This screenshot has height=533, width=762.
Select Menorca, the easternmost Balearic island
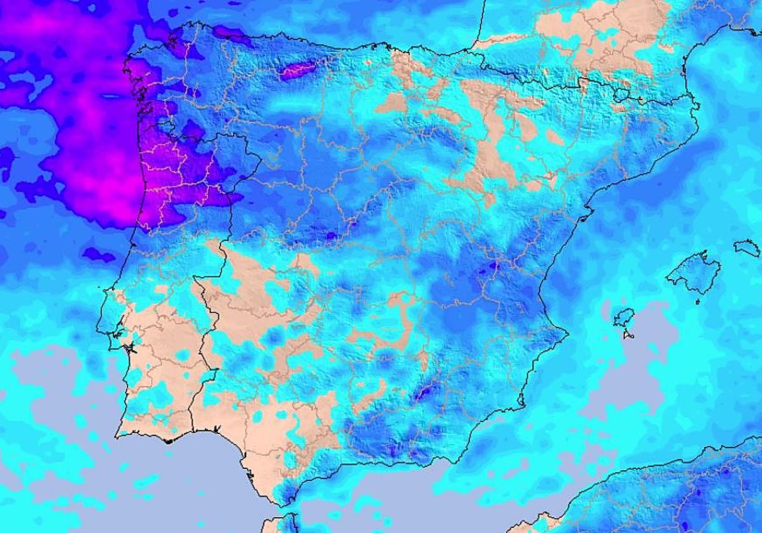click(x=747, y=247)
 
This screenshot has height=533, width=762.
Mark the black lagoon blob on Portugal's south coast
click(x=168, y=439)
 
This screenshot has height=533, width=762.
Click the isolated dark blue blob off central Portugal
click(x=98, y=255)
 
